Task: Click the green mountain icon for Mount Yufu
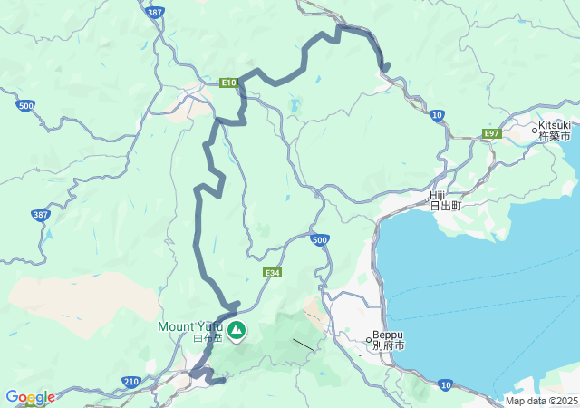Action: (x=237, y=330)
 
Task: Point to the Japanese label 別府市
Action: (x=388, y=346)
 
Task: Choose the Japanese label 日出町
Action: (x=445, y=206)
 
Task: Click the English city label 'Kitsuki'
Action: (x=555, y=124)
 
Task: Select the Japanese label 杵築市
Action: (x=555, y=136)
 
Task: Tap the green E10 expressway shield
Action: (x=229, y=83)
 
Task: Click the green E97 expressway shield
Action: (x=491, y=133)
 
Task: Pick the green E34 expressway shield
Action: (x=272, y=272)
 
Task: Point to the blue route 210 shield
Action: (x=132, y=383)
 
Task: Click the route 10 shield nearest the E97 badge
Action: (x=438, y=115)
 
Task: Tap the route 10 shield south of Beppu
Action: (x=445, y=385)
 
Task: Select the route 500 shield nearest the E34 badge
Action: (x=318, y=239)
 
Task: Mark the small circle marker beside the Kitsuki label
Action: (x=536, y=128)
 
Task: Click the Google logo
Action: (x=29, y=397)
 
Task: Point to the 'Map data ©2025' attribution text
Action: (x=540, y=401)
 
